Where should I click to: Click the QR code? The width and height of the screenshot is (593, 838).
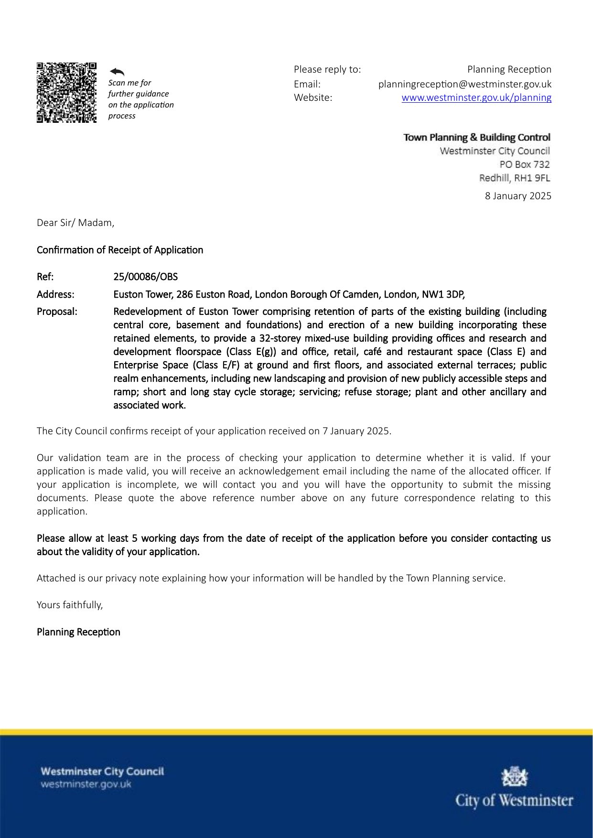66,92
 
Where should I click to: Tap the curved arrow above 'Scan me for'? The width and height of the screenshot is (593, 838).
117,72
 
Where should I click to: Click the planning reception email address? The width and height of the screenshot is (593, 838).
464,84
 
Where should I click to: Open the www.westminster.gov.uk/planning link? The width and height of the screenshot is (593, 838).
476,97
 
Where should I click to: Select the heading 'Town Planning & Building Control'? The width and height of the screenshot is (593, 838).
476,138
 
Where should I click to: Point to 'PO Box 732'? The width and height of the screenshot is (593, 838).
524,164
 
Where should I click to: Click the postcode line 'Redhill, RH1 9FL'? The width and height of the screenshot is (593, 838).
514,178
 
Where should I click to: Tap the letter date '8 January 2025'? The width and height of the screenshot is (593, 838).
518,196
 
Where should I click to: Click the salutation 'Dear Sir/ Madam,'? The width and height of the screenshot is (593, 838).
75,223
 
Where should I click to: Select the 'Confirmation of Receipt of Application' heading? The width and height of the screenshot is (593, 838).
120,250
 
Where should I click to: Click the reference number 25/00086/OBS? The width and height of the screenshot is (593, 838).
145,277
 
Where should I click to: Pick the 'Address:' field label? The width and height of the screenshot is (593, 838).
55,294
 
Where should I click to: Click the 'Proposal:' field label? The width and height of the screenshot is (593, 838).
57,312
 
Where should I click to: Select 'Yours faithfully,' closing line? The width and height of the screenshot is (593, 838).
70,605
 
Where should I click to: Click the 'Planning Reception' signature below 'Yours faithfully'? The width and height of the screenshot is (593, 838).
78,632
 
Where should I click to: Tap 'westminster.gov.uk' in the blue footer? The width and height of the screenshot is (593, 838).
86,784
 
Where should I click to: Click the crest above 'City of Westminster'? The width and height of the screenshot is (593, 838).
514,777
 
